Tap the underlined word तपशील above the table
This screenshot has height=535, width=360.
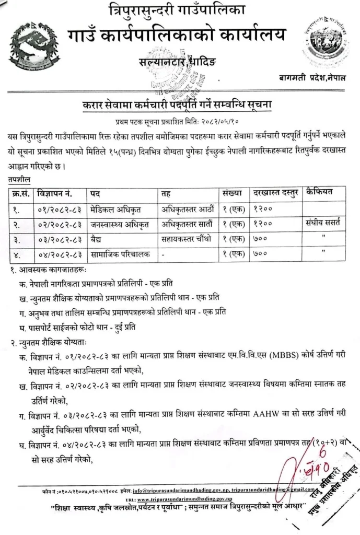[x=19, y=179]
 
